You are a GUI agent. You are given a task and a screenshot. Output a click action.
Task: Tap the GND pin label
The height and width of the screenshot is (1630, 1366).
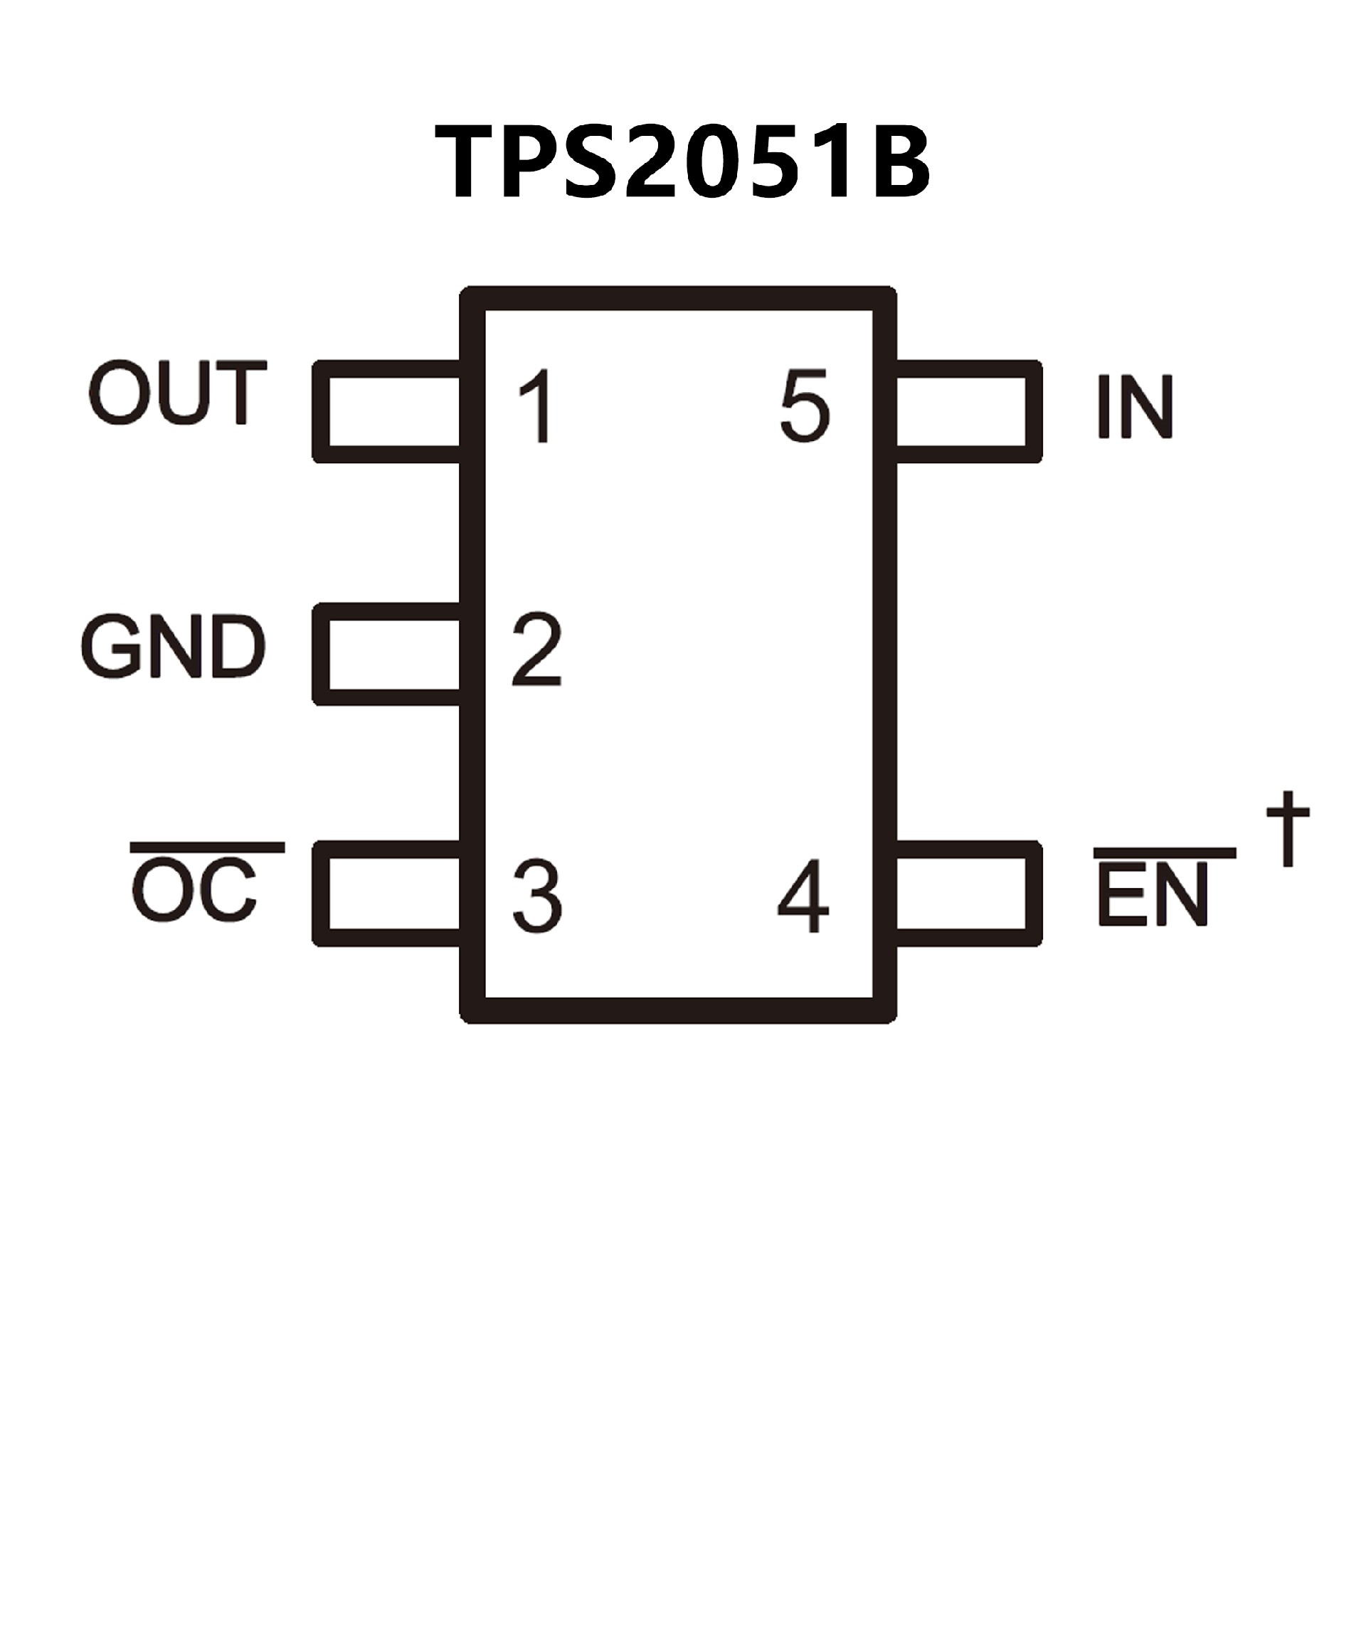(x=173, y=647)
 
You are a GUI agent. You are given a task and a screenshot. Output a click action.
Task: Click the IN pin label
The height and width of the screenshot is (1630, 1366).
(x=1134, y=408)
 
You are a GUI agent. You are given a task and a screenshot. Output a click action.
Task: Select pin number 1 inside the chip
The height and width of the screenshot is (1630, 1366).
(x=536, y=407)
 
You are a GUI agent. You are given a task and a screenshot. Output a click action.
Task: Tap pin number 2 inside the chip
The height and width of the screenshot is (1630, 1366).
(x=536, y=650)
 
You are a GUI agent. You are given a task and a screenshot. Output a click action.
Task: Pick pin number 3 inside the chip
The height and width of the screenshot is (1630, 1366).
(x=536, y=896)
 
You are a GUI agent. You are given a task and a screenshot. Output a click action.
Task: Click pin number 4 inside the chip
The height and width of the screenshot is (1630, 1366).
(x=804, y=896)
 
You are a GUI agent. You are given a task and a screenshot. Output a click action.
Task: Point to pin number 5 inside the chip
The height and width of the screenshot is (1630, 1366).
(x=805, y=407)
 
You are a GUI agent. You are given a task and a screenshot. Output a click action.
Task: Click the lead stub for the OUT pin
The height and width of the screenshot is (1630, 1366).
(x=388, y=411)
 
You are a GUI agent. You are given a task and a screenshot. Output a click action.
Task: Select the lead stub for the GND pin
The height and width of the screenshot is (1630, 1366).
(x=388, y=655)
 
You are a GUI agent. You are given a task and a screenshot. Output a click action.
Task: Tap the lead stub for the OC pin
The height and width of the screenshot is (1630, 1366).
(x=388, y=894)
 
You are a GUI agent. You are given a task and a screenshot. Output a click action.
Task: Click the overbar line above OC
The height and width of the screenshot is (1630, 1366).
(x=207, y=847)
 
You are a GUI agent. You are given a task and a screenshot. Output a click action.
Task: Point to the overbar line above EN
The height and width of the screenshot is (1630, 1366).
(x=1164, y=853)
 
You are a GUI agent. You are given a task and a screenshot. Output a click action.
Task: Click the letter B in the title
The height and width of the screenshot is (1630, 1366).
(x=899, y=164)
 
